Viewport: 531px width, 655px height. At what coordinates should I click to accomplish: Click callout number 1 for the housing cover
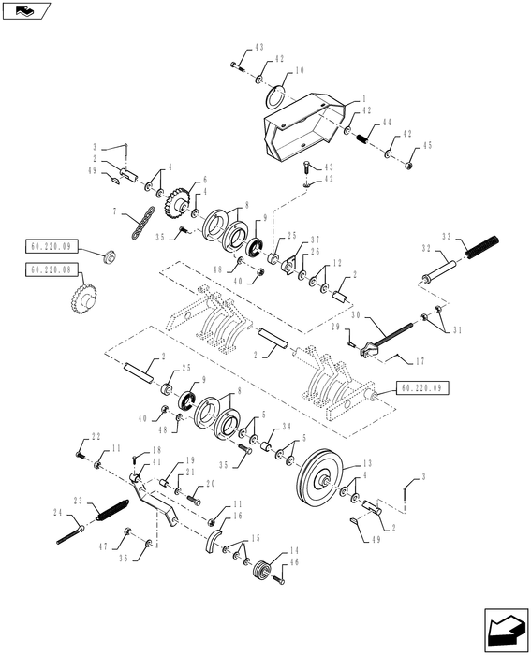click(x=364, y=98)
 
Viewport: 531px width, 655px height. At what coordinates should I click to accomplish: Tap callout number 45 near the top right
click(x=426, y=146)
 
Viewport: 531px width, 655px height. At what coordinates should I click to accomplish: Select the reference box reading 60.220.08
click(x=48, y=269)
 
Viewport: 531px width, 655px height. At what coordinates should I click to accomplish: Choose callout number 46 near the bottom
click(x=293, y=565)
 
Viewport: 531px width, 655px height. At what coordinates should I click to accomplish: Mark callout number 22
click(x=96, y=437)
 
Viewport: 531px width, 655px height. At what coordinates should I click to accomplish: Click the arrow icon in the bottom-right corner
click(x=503, y=629)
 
